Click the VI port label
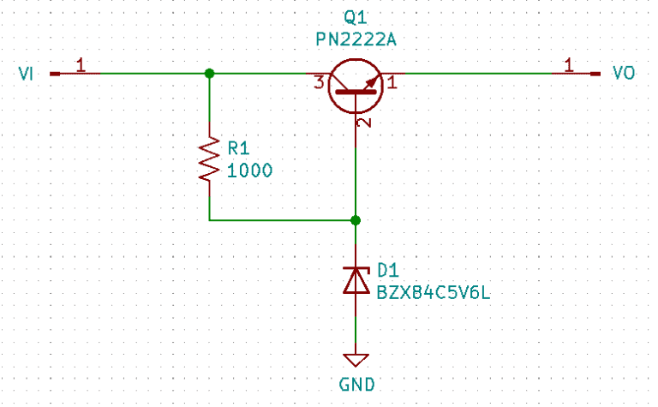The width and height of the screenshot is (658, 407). (x=26, y=74)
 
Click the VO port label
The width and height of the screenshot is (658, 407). (x=624, y=74)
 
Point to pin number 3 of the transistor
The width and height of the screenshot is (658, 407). (x=319, y=83)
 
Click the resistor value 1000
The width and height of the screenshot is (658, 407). (x=250, y=170)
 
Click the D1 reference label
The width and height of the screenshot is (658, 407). (x=388, y=271)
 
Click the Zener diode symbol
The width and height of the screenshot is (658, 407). (x=356, y=279)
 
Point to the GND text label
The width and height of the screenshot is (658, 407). (x=355, y=384)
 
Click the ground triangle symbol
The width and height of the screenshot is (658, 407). (x=356, y=359)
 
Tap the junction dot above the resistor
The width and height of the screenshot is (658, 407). (x=209, y=74)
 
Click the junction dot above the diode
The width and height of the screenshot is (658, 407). (x=356, y=220)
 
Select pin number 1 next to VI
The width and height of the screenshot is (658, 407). (x=81, y=64)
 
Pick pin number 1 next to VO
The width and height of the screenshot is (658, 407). (x=567, y=64)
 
